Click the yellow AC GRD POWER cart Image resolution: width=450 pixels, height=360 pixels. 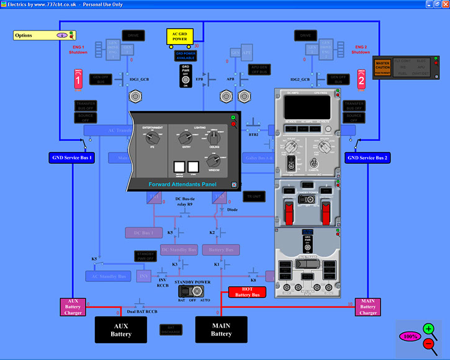[x=179, y=37]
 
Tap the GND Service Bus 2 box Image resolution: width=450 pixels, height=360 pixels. [x=368, y=158]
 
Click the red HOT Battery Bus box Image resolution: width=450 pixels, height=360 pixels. [x=247, y=292]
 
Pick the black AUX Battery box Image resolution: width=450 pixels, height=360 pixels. [x=121, y=330]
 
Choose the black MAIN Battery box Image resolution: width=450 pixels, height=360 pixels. [x=221, y=330]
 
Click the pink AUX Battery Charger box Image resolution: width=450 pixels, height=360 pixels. [x=73, y=307]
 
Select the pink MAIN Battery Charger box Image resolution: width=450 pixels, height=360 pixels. [x=368, y=307]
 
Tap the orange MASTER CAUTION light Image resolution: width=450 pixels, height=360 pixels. [x=382, y=66]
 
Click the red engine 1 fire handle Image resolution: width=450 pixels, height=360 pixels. [x=78, y=79]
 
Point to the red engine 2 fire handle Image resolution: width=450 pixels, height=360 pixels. [x=361, y=79]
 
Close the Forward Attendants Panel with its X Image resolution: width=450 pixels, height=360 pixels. [x=234, y=184]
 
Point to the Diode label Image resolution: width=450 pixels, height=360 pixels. [x=233, y=210]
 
